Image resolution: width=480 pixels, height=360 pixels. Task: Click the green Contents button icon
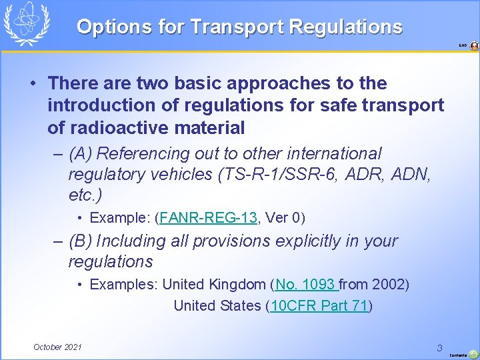pos(473,354)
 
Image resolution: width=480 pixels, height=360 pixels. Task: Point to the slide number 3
pos(439,347)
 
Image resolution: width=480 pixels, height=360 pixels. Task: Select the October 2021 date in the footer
pos(58,347)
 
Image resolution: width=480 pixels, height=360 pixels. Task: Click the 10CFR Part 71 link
pos(319,306)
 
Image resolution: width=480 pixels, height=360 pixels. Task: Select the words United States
pos(217,306)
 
